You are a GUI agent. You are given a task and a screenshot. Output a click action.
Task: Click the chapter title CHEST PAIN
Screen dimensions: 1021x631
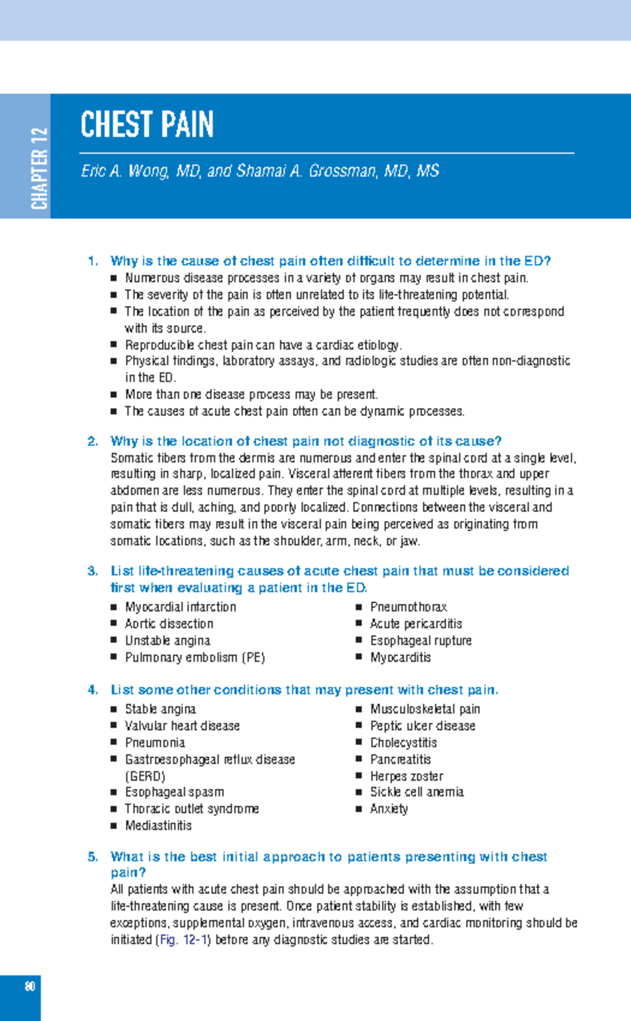coord(147,125)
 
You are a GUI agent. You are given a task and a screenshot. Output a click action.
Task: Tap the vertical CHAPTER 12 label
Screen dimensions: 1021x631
coord(39,168)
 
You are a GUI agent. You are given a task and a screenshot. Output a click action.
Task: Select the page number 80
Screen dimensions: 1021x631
coord(29,986)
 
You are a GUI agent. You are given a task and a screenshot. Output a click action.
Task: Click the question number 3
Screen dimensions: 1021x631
coord(93,571)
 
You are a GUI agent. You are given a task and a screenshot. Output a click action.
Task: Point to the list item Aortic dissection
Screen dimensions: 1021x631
coord(169,624)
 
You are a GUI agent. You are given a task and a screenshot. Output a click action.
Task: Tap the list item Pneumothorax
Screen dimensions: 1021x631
coord(408,607)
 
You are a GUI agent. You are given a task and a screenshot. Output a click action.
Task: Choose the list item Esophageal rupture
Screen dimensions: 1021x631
coord(421,641)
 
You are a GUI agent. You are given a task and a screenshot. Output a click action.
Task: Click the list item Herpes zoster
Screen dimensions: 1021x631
coord(406,776)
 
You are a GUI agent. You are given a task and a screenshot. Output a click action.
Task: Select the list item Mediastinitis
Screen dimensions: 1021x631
coord(158,826)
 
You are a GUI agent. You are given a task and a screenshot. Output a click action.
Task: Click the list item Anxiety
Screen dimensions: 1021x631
coord(389,809)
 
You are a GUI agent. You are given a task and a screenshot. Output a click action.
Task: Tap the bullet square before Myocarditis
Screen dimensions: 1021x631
coord(359,657)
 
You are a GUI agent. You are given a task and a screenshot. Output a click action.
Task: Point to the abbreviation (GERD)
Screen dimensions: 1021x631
coord(145,776)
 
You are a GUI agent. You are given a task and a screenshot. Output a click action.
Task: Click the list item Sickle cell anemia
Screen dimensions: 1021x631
coord(416,792)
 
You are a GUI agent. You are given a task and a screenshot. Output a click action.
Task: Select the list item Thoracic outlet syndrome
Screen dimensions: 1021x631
coord(191,809)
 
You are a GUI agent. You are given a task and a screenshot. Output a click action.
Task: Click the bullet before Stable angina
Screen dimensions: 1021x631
coord(114,709)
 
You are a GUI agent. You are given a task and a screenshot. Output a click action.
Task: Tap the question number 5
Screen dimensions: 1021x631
coord(93,857)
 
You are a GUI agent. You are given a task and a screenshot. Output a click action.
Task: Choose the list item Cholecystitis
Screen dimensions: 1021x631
coord(403,742)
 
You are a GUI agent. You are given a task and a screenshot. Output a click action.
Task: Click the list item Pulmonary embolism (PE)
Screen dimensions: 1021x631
coord(195,657)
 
